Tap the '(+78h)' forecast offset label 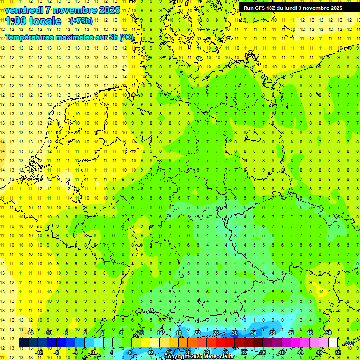[81, 21]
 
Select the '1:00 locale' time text [33, 21]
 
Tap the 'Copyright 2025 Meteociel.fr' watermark [199, 357]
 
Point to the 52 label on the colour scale [338, 352]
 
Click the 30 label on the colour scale [235, 333]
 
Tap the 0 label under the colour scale [93, 352]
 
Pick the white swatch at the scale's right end [333, 343]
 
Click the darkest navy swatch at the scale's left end [23, 343]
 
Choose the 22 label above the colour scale [197, 333]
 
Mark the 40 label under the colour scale [282, 352]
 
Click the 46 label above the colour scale [310, 333]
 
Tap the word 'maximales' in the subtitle [78, 37]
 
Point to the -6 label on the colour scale [67, 333]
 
